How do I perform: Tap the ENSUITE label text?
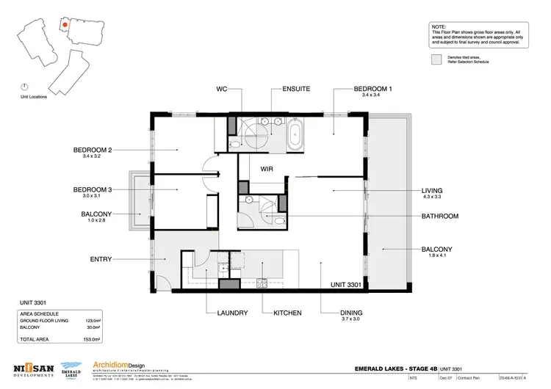pos(296,89)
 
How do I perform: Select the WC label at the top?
pos(221,89)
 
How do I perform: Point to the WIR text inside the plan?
pos(267,168)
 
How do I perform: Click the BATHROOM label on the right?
pos(439,217)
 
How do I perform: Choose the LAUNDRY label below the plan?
pos(232,313)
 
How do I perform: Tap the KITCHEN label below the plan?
pos(287,313)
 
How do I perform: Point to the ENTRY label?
pos(101,259)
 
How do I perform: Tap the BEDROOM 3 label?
pos(92,189)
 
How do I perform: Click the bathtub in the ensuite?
pos(295,136)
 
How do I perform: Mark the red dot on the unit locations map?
pos(65,24)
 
